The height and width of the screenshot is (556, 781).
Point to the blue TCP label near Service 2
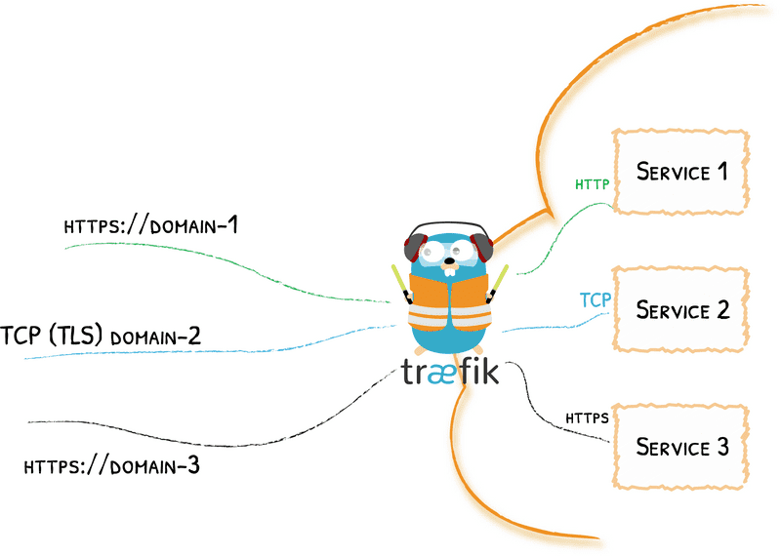point(596,299)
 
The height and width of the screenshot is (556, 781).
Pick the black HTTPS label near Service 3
point(588,418)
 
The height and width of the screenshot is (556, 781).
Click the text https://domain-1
point(151,226)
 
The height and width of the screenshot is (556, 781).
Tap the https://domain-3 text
point(111,465)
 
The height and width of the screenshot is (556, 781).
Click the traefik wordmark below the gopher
point(450,373)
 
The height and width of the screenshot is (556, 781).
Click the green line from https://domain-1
point(244,263)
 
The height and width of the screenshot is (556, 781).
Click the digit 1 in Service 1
point(721,172)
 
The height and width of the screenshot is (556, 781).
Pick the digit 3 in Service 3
point(721,448)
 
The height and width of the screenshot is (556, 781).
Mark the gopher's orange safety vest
point(448,302)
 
